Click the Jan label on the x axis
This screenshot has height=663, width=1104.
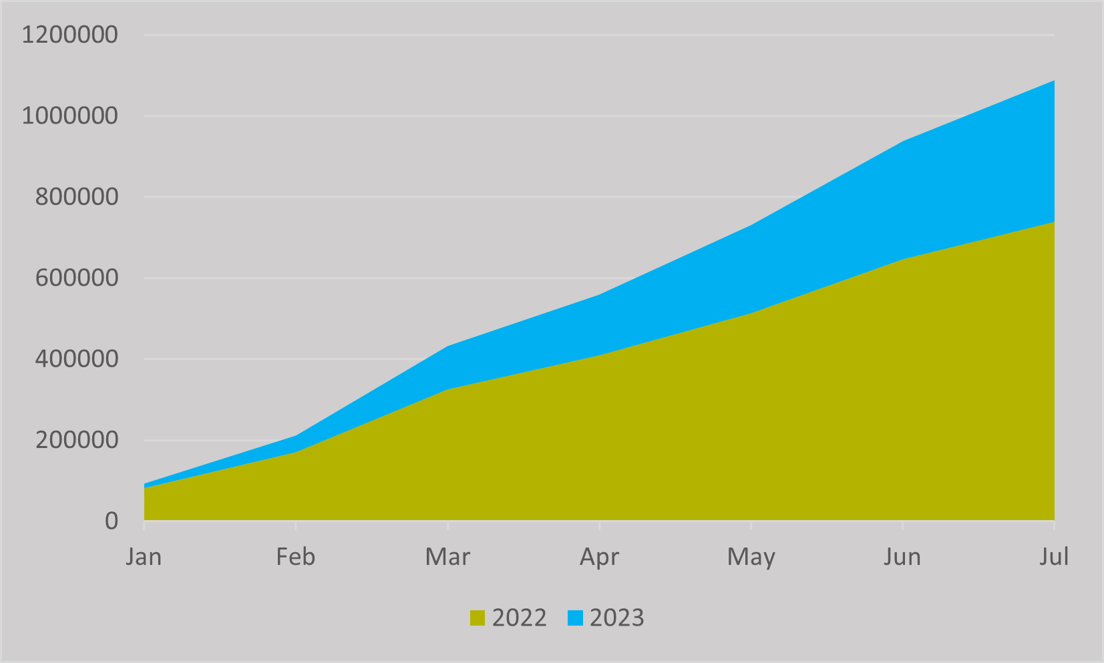point(144,557)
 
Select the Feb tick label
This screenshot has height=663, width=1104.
point(295,557)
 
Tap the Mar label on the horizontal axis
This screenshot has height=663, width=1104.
point(447,557)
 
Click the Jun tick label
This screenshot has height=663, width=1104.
point(902,557)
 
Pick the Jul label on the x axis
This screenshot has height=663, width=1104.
point(1054,557)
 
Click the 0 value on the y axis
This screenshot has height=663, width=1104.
point(112,521)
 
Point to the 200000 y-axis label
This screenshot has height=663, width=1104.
point(69,441)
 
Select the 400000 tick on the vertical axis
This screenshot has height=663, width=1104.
point(69,359)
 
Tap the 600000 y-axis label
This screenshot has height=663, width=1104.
point(69,278)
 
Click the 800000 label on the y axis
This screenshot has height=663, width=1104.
point(69,197)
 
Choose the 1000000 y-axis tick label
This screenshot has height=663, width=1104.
point(69,116)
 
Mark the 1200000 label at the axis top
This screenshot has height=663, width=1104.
point(69,35)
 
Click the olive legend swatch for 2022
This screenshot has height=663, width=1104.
point(478,618)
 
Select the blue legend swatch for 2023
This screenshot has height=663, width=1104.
point(575,618)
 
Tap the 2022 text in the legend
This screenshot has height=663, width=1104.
point(519,618)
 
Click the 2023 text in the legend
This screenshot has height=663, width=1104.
point(616,618)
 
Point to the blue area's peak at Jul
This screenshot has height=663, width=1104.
point(1053,81)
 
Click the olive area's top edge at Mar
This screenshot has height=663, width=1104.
point(447,389)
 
